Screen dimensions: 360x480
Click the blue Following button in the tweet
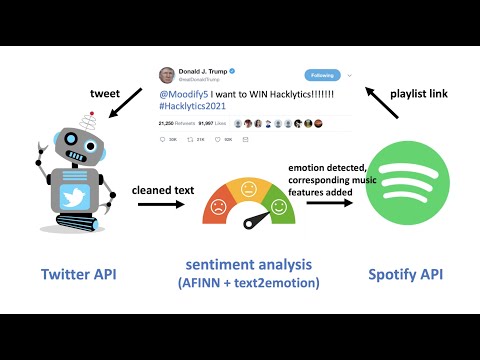pyautogui.click(x=322, y=75)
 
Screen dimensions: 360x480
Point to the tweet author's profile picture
pyautogui.click(x=167, y=75)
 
